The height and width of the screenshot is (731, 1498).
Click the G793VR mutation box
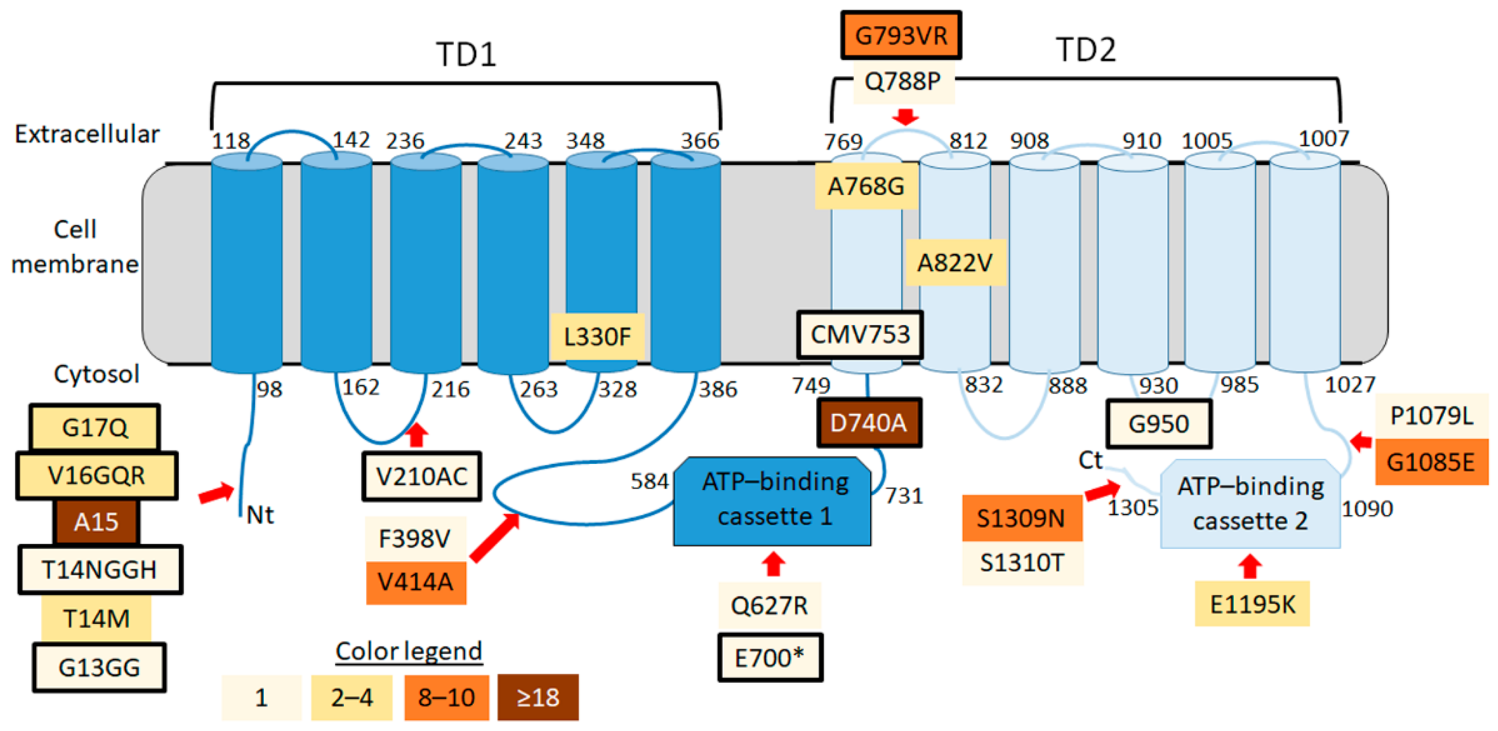[x=901, y=35]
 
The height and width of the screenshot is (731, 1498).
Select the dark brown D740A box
[x=869, y=423]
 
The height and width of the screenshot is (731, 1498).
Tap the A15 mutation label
[x=97, y=522]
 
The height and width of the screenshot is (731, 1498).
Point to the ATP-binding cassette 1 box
[x=772, y=501]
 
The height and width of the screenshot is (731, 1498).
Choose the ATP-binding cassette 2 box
[x=1250, y=503]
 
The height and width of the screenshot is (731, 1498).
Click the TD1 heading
[x=467, y=55]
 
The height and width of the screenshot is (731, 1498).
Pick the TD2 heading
[x=1086, y=50]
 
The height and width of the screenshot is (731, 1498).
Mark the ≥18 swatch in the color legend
[x=538, y=697]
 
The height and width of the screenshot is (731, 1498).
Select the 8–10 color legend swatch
[x=447, y=697]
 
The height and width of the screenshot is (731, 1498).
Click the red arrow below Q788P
[x=905, y=117]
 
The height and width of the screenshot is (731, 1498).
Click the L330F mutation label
[x=597, y=337]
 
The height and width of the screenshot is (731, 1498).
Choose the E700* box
[x=770, y=658]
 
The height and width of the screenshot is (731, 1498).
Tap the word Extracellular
[x=87, y=134]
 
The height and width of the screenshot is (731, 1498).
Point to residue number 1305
[x=1132, y=508]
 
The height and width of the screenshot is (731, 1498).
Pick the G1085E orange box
[x=1430, y=463]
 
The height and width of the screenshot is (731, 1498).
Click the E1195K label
[x=1252, y=604]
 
